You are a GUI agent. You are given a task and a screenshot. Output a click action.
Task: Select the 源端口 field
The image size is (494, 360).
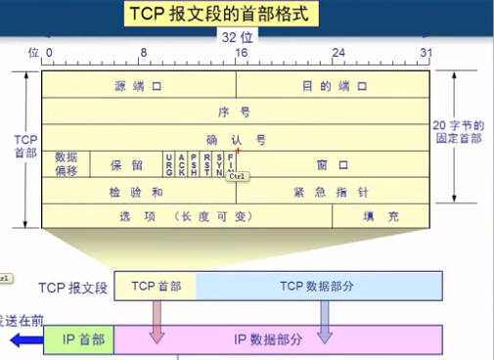point(138,86)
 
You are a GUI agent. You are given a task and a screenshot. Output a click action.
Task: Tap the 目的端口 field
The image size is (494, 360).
point(332,86)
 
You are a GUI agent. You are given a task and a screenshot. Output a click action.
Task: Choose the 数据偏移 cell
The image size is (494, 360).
point(66,163)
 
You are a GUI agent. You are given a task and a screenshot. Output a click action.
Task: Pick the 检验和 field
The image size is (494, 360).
point(138,191)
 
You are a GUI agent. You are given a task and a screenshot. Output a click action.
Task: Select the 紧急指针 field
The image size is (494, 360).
point(332,191)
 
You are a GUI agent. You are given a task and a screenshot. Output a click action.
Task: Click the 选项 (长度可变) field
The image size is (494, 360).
point(186,216)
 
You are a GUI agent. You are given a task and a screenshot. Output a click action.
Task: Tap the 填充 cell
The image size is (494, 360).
point(381,216)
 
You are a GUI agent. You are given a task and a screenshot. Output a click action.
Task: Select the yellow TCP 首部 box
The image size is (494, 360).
point(156,287)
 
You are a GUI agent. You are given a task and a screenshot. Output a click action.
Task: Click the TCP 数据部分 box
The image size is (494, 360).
point(318,287)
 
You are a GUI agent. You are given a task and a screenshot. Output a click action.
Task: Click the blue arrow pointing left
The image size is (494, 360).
point(22,339)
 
